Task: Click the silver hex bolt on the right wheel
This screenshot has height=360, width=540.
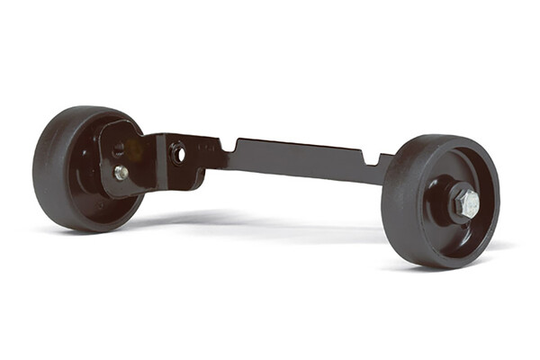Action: pos(467,202)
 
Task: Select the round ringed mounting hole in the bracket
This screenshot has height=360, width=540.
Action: pos(178,153)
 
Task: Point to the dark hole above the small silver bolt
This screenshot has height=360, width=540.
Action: pos(118,149)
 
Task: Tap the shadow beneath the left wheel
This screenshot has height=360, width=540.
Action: pos(99,230)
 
